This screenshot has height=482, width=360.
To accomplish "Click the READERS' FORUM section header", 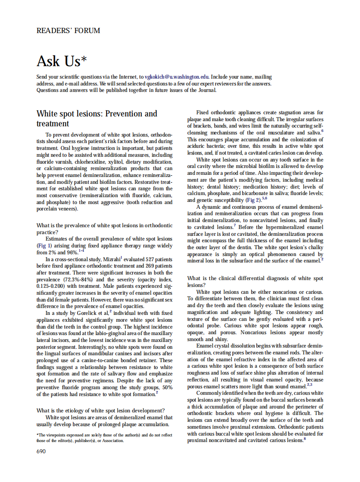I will pyautogui.click(x=68, y=31).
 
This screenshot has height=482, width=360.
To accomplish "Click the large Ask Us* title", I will pyautogui.click(x=64, y=61).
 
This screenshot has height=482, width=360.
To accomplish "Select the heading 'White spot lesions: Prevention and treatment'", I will pyautogui.click(x=97, y=119).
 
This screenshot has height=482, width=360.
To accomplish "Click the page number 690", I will pyautogui.click(x=41, y=451).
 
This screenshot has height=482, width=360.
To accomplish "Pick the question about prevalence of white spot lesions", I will pyautogui.click(x=104, y=229).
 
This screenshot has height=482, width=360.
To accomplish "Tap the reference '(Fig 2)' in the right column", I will pyautogui.click(x=251, y=200).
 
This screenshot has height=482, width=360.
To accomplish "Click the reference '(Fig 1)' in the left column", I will pyautogui.click(x=44, y=246).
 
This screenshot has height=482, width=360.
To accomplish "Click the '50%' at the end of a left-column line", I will pyautogui.click(x=167, y=387).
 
